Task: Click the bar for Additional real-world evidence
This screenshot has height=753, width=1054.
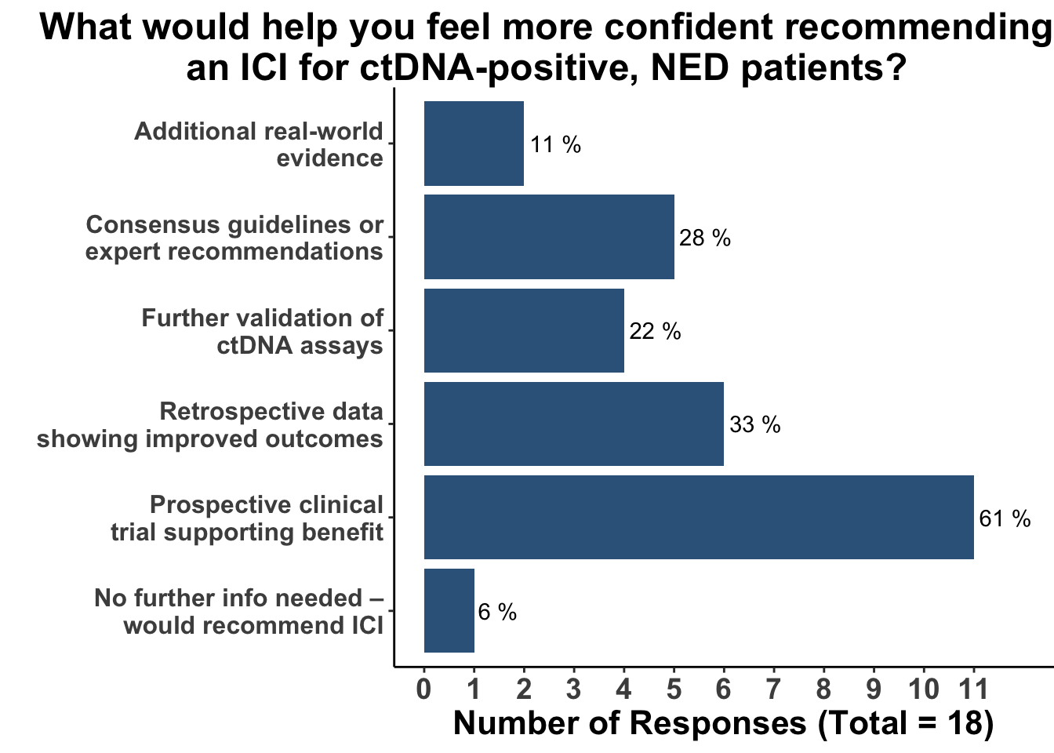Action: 474,144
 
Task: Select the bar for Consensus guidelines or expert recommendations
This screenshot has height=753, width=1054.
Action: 549,237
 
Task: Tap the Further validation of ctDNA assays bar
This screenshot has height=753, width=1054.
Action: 524,330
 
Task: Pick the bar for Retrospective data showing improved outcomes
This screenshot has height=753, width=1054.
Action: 573,424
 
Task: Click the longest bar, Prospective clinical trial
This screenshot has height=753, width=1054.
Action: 699,517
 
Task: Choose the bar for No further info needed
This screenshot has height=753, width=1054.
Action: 449,610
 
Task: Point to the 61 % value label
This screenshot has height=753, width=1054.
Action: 1005,518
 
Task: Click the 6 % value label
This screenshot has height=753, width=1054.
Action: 497,612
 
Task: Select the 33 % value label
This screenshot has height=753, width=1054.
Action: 754,425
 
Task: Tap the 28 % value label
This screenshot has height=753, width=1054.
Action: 704,238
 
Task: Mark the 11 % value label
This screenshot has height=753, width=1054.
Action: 555,144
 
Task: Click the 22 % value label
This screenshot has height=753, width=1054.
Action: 655,332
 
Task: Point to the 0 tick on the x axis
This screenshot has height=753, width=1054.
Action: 424,689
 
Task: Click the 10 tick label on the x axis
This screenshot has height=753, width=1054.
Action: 924,689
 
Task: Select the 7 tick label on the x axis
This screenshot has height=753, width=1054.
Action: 774,689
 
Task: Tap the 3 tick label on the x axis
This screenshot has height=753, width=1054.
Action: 574,689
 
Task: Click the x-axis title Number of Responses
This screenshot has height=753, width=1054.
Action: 723,723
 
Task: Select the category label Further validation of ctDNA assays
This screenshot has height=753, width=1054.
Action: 262,331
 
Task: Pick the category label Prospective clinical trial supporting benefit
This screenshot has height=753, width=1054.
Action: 246,518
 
